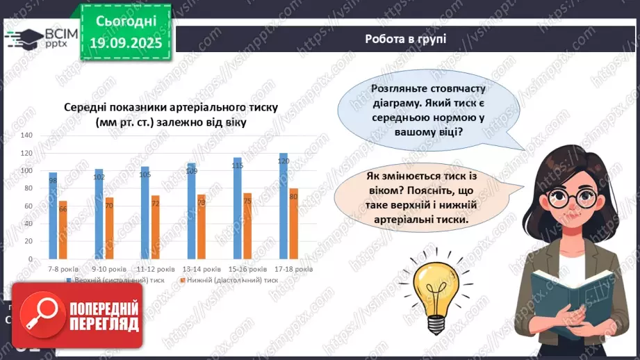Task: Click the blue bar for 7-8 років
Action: coord(53,215)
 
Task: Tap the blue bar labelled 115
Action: coord(238,208)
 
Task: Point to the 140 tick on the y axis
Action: coord(26,135)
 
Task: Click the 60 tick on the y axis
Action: coord(28,206)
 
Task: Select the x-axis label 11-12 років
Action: coord(155,268)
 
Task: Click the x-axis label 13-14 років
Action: coord(202,268)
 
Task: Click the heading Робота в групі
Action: coord(405,39)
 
